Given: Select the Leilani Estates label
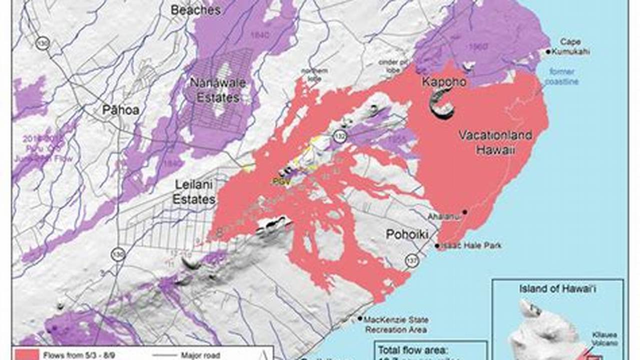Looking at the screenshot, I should [194, 192].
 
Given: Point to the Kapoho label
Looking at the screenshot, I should [444, 82].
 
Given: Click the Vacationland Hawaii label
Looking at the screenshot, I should [495, 142].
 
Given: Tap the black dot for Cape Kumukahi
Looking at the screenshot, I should [548, 51].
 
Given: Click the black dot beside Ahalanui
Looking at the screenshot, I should [465, 212].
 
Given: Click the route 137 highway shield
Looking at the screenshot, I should [412, 261].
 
